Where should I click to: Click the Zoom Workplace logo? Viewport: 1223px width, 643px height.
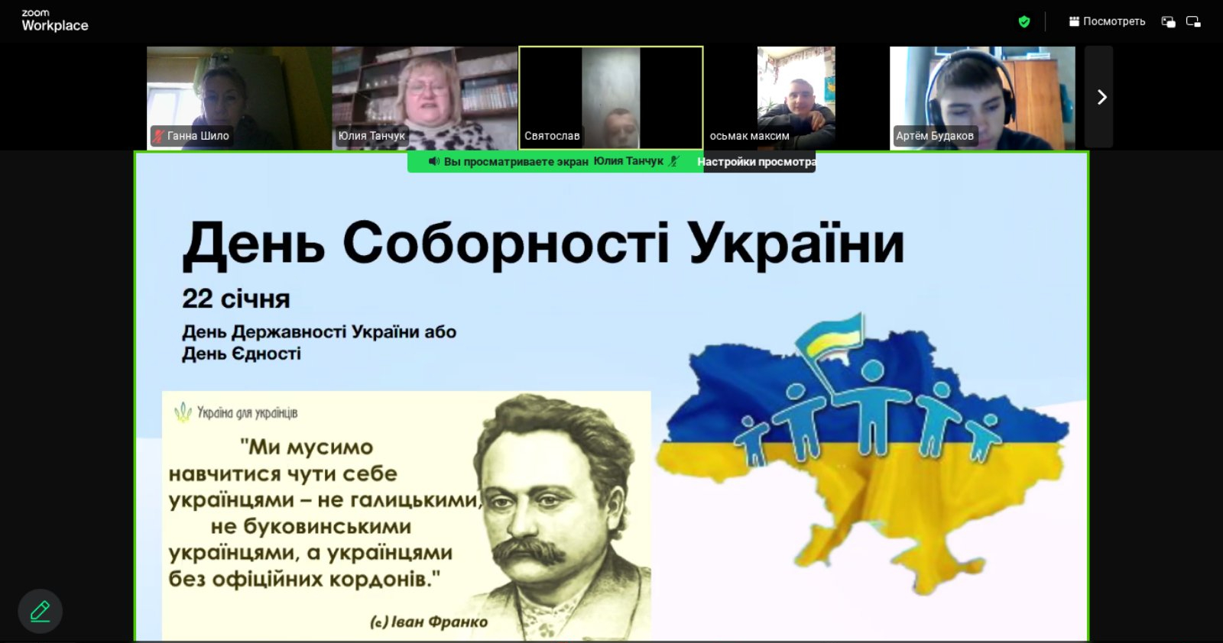point(54,21)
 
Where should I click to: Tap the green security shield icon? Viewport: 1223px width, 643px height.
point(1023,21)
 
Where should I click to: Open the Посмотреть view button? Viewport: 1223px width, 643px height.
point(1107,21)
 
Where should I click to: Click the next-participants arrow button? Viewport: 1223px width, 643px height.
point(1101,97)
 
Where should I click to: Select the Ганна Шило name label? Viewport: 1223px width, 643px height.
point(191,136)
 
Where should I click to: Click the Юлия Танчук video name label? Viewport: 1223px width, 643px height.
point(371,136)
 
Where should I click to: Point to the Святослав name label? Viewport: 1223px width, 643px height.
point(552,136)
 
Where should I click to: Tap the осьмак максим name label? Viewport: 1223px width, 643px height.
point(749,136)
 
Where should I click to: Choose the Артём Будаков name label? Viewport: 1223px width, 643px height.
point(934,136)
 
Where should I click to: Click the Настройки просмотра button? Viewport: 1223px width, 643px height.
point(757,162)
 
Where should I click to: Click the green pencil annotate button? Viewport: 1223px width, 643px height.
point(40,612)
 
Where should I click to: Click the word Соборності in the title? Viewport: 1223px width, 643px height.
point(505,244)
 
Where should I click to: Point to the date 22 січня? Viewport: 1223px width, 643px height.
point(236,299)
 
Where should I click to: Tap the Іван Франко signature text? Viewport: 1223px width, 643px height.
point(428,622)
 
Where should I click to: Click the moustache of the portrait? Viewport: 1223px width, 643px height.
point(529,551)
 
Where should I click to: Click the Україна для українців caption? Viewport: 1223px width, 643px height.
point(247,413)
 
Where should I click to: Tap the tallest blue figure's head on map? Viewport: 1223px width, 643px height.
point(872,371)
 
